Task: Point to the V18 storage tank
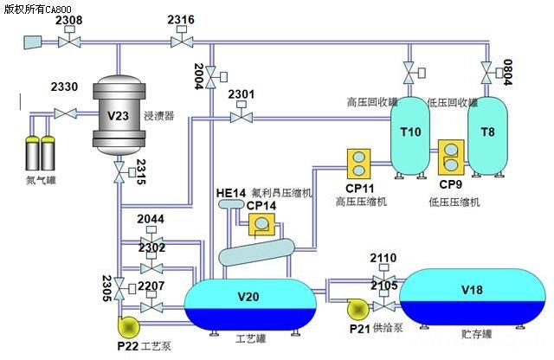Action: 472,295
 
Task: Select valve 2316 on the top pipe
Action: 182,40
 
